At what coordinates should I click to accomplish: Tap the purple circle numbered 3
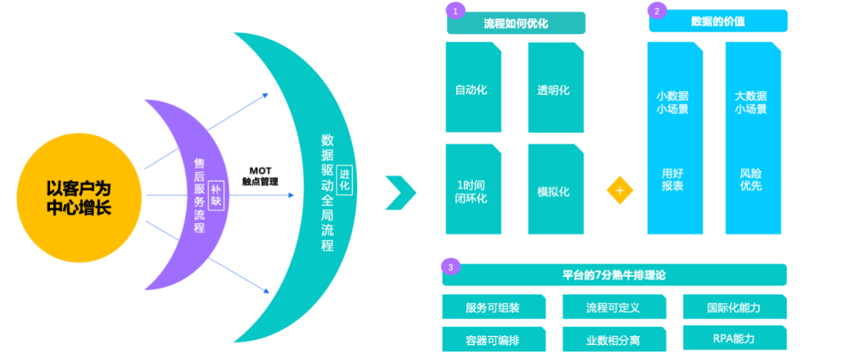tap(450, 267)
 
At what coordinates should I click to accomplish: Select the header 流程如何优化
tap(516, 24)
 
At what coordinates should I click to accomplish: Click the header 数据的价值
tap(718, 21)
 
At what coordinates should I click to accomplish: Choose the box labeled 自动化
tap(473, 89)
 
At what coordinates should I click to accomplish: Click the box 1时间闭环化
tap(473, 191)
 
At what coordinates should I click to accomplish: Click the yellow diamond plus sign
tap(620, 191)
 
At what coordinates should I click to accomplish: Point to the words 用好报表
tap(671, 180)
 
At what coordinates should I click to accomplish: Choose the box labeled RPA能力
tap(734, 338)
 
